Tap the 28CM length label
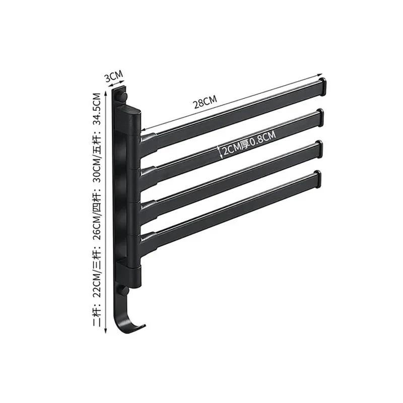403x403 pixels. pyautogui.click(x=205, y=102)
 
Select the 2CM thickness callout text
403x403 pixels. pyautogui.click(x=231, y=150)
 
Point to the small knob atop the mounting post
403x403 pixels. pyautogui.click(x=122, y=94)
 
